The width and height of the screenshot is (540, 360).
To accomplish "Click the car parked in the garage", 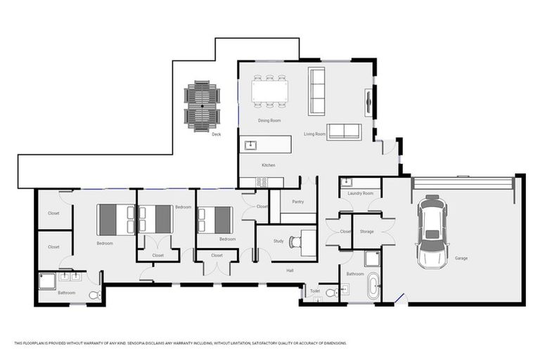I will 432,231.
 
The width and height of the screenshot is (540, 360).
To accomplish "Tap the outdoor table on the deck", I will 202,105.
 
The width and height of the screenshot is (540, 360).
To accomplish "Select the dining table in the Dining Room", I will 269,91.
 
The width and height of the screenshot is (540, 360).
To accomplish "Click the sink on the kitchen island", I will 250,146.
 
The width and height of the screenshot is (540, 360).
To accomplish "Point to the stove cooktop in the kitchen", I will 260,182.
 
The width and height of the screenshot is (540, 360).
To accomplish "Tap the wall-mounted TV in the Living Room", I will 367,103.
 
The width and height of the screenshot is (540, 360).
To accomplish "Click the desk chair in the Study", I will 295,242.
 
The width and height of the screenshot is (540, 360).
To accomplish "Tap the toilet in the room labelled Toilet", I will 330,293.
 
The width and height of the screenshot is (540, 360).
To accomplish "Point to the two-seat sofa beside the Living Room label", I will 344,131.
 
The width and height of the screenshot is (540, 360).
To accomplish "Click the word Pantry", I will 297,202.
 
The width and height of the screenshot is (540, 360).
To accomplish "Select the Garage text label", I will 461,258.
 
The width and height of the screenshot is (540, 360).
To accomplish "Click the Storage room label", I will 366,231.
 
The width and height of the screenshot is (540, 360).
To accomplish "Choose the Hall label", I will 290,269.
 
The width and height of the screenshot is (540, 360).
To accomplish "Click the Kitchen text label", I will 268,165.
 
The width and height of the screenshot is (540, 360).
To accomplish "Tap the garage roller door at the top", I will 463,183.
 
